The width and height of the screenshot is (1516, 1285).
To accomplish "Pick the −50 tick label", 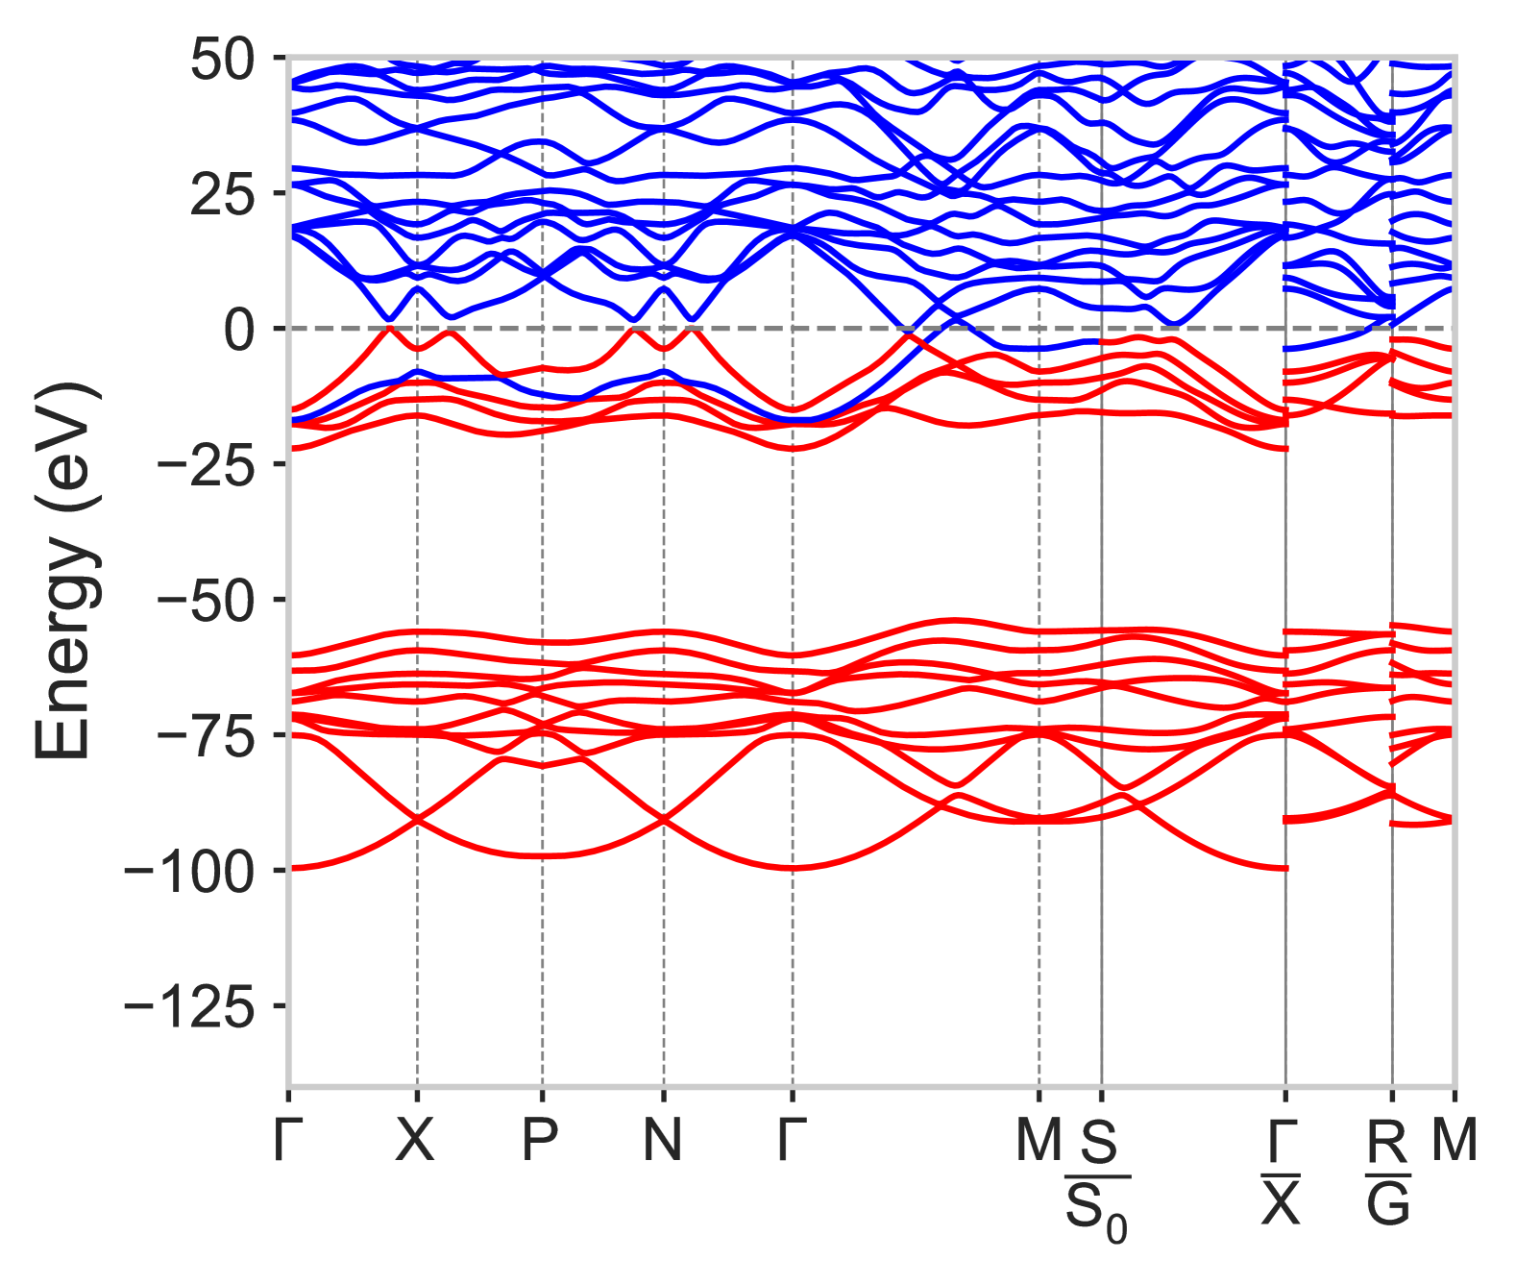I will coord(204,603).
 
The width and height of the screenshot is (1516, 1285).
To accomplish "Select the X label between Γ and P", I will coord(416,1141).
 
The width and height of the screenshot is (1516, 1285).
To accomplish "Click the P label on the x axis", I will coord(541,1141).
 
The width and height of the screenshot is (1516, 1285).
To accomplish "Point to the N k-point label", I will coord(663,1141).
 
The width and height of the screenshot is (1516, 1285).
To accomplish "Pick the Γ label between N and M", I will coord(791,1141).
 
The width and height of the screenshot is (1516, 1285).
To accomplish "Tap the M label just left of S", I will coord(1039,1141).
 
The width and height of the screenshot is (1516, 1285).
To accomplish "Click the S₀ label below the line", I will coord(1095,1210).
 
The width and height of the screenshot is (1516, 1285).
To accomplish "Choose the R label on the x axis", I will coord(1387,1141).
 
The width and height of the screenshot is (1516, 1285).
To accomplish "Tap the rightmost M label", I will coord(1454,1141).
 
